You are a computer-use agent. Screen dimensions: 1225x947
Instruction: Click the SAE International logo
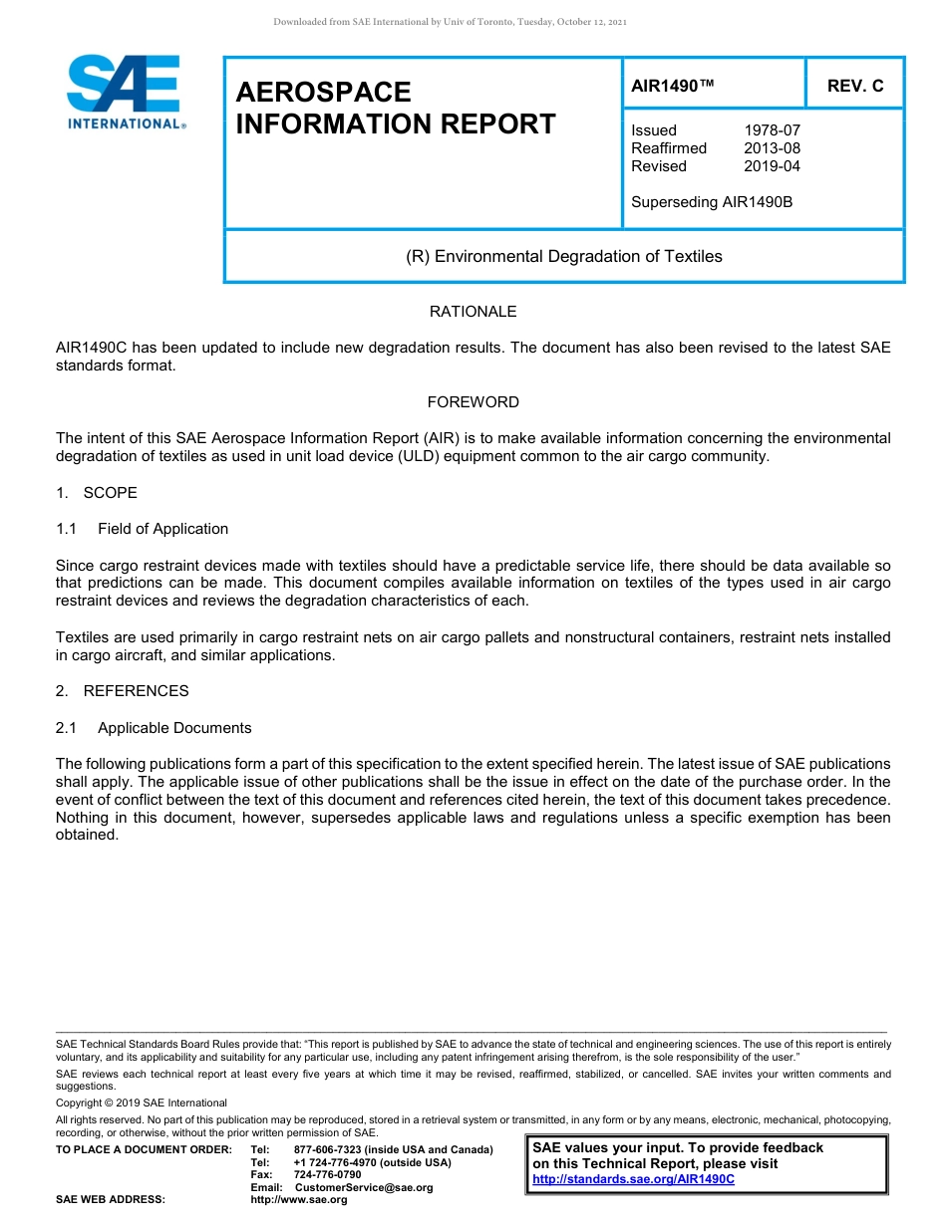pyautogui.click(x=124, y=92)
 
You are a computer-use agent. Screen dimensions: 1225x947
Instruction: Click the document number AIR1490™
pyautogui.click(x=672, y=87)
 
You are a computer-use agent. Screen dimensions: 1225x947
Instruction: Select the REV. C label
pyautogui.click(x=854, y=87)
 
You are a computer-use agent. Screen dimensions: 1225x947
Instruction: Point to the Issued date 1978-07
pyautogui.click(x=772, y=130)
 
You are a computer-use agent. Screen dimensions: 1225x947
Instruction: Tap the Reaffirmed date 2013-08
pyautogui.click(x=772, y=148)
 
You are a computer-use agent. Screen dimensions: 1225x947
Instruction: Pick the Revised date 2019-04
pyautogui.click(x=772, y=166)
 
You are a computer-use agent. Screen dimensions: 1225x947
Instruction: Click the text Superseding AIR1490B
pyautogui.click(x=711, y=202)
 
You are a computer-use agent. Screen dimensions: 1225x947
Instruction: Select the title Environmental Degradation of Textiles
pyautogui.click(x=563, y=257)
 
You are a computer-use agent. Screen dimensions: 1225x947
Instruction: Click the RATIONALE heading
pyautogui.click(x=473, y=312)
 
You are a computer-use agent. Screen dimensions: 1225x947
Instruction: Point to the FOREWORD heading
pyautogui.click(x=473, y=402)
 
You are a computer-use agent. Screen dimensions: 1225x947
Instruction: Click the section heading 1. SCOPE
pyautogui.click(x=97, y=493)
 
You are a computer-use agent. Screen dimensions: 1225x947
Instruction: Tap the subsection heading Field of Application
pyautogui.click(x=162, y=529)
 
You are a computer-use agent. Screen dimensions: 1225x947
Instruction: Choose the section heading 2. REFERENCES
pyautogui.click(x=122, y=691)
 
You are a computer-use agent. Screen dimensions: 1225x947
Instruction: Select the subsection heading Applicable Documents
pyautogui.click(x=174, y=728)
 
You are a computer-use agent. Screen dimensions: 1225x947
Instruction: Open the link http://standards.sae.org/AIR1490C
pyautogui.click(x=633, y=1179)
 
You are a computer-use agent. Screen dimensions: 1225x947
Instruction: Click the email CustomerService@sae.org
pyautogui.click(x=364, y=1187)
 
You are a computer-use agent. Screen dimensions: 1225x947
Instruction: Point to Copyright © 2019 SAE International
pyautogui.click(x=142, y=1102)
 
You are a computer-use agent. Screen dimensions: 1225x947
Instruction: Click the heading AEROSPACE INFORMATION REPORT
pyautogui.click(x=395, y=109)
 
